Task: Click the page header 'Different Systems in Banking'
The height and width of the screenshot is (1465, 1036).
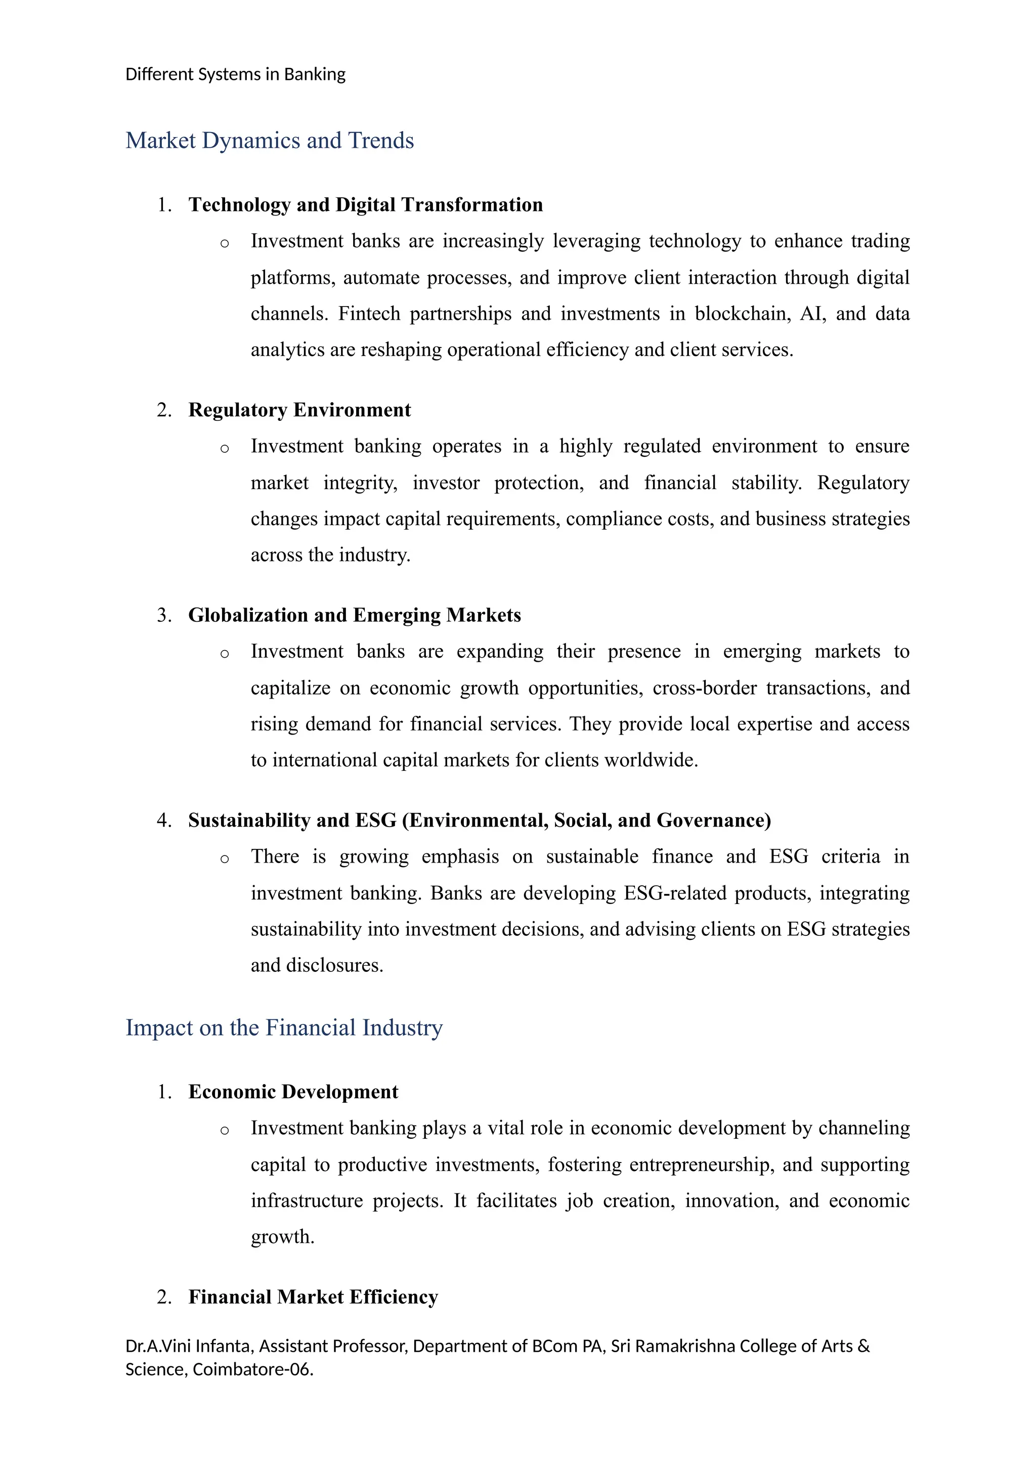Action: click(x=235, y=75)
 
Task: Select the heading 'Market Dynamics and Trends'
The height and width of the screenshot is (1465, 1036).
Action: click(x=269, y=140)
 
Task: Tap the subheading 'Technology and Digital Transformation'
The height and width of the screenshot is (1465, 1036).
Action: click(x=366, y=205)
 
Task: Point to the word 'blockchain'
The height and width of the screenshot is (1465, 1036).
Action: click(x=743, y=314)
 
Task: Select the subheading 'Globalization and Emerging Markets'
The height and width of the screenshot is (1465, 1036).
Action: click(x=354, y=615)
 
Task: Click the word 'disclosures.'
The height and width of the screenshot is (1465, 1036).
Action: click(x=335, y=965)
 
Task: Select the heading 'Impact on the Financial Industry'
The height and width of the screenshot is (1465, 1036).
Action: click(x=284, y=1028)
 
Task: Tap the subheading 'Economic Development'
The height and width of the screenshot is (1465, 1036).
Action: click(x=293, y=1092)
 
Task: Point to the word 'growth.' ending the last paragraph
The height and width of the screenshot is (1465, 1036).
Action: click(x=283, y=1237)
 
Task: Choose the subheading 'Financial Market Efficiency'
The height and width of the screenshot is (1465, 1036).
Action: click(x=313, y=1297)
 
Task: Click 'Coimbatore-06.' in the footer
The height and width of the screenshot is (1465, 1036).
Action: click(x=252, y=1369)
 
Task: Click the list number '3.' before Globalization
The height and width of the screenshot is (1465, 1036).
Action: click(x=164, y=615)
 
